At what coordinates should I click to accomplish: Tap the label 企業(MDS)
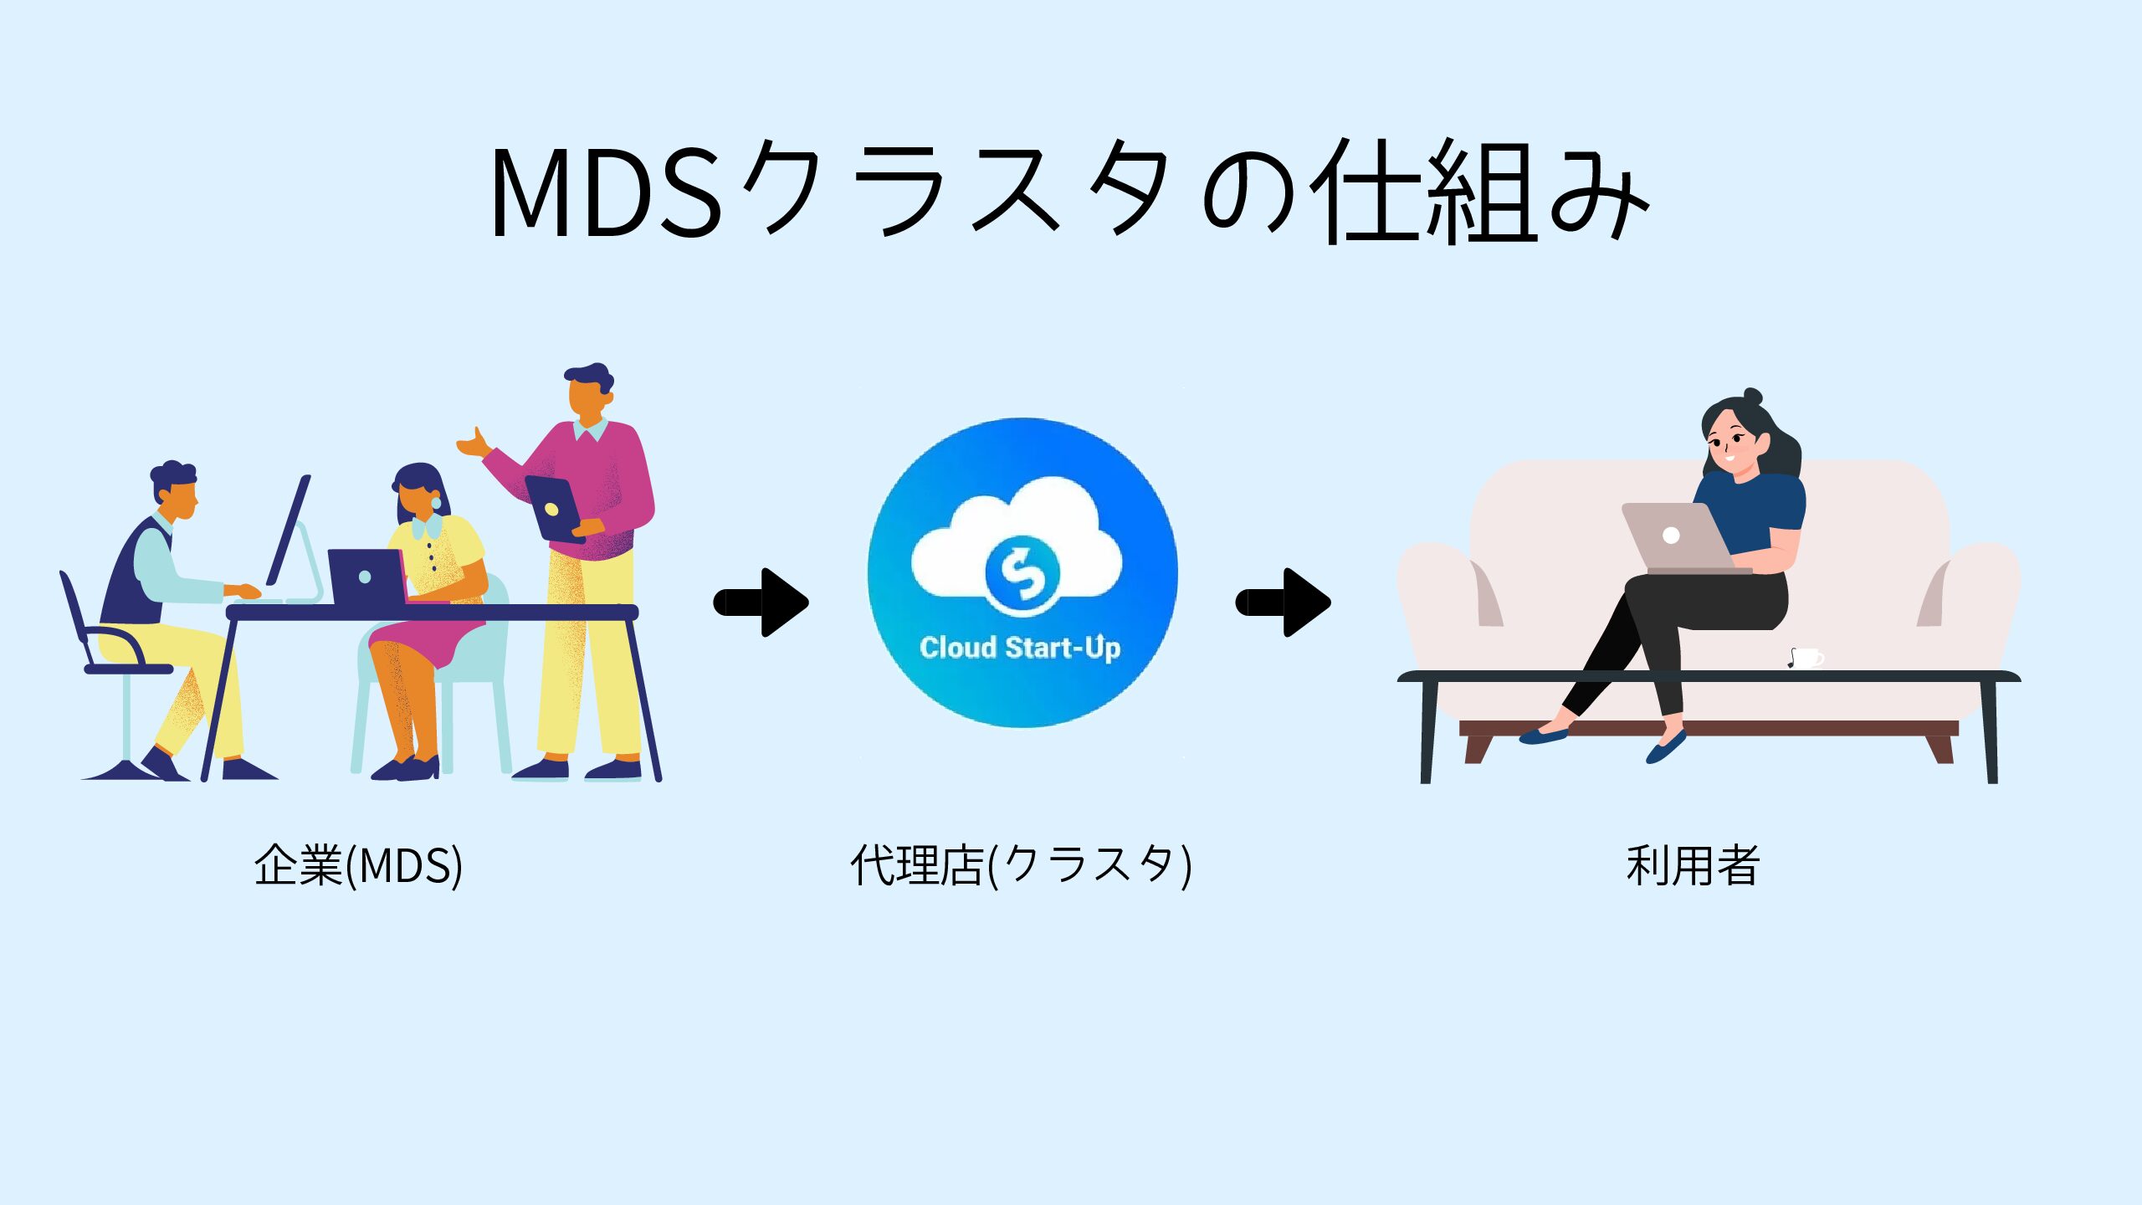(358, 865)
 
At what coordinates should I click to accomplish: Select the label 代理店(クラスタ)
(1021, 865)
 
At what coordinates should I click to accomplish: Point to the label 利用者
(1693, 865)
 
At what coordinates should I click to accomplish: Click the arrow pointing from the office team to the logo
(761, 602)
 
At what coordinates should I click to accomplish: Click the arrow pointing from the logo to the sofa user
(1284, 602)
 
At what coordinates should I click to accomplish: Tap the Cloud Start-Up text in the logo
(1019, 648)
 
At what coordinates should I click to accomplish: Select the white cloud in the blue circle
(971, 544)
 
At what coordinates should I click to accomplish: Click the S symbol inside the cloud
(1022, 573)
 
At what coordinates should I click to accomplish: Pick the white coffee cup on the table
(1806, 659)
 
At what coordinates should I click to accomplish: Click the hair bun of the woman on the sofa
(1752, 397)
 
